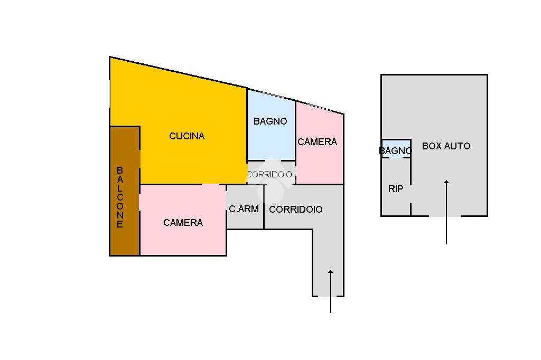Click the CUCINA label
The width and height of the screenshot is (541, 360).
point(186,136)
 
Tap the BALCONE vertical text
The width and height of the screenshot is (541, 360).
point(120,197)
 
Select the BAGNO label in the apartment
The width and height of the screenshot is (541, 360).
point(270,121)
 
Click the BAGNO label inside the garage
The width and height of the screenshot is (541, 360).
point(395,151)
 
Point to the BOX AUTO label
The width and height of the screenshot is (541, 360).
point(446,146)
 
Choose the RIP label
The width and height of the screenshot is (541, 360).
point(396,189)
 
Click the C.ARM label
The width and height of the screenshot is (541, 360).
point(244,209)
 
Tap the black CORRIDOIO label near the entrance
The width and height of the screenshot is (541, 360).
point(295,210)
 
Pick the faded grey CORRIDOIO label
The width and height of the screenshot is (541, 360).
point(269,174)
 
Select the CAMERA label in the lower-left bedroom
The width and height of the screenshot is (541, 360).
point(183,223)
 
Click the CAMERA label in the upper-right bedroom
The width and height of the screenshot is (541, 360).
point(317,142)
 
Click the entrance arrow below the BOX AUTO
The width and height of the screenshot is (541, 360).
point(446,212)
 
